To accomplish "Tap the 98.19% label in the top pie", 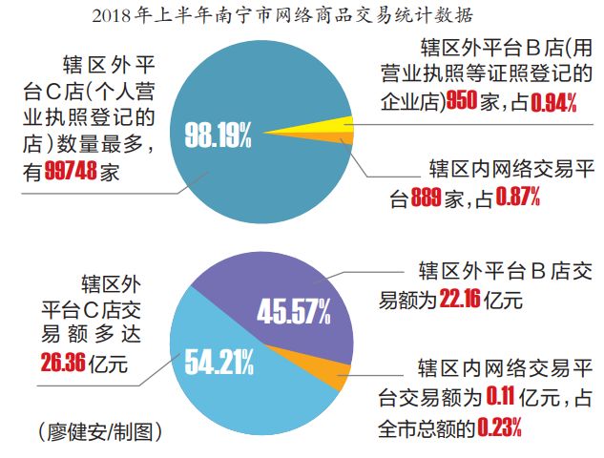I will tap(219, 135).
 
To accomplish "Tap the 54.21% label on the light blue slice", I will tap(219, 363).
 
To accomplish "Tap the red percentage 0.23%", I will tap(499, 428).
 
